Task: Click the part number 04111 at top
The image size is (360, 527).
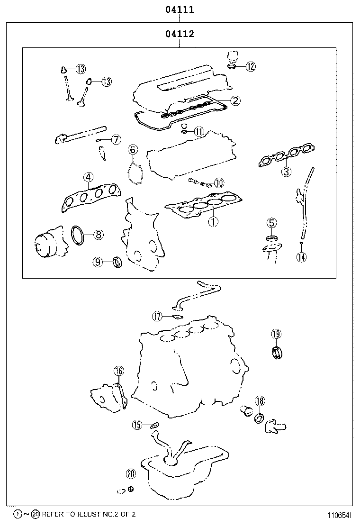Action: pos(180,9)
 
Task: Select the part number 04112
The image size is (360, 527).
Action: pos(180,34)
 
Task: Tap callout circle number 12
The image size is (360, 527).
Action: pos(251,66)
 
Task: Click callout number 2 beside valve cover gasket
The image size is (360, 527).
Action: pos(235,100)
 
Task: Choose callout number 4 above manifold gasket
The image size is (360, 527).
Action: pos(88,177)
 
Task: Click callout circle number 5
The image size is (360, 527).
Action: pos(271,222)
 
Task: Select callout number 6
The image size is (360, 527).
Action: pos(133,150)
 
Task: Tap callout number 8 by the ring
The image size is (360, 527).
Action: pos(98,234)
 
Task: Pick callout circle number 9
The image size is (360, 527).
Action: pos(98,261)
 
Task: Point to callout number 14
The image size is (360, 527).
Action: pos(301,257)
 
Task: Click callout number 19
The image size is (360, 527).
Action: pos(276,334)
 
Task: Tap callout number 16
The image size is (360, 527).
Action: pos(118,371)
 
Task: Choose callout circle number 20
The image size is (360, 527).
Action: pos(131,473)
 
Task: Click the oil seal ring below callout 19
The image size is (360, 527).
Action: pos(277,352)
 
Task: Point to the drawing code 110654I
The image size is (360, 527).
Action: pos(339,514)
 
